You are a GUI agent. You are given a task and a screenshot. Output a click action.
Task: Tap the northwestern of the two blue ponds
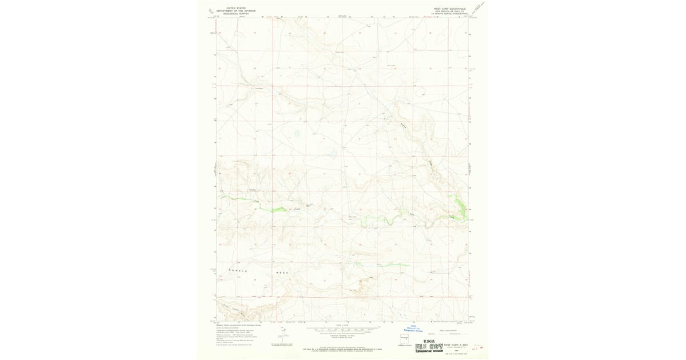(x=297, y=135)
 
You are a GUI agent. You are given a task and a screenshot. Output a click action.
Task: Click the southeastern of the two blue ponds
(x=332, y=153)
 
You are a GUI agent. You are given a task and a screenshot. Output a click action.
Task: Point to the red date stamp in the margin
(x=480, y=345)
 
